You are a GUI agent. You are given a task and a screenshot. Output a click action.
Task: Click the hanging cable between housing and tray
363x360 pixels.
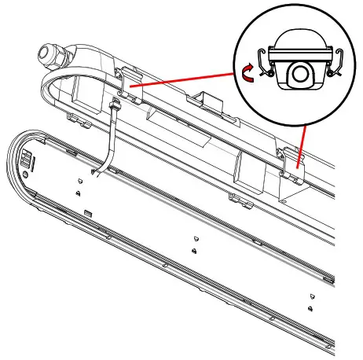(x=108, y=141)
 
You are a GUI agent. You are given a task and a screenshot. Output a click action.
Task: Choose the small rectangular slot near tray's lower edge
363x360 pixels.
(x=88, y=213)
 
